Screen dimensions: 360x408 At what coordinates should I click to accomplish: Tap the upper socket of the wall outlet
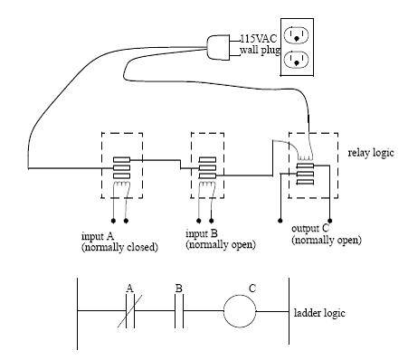tap(295, 36)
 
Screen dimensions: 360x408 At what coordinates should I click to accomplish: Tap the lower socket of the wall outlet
tap(295, 61)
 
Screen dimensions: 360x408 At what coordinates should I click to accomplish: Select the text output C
tap(312, 230)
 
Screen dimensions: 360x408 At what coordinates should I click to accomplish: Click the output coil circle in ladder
tap(241, 312)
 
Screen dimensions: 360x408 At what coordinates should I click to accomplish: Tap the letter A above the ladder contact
tap(129, 289)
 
